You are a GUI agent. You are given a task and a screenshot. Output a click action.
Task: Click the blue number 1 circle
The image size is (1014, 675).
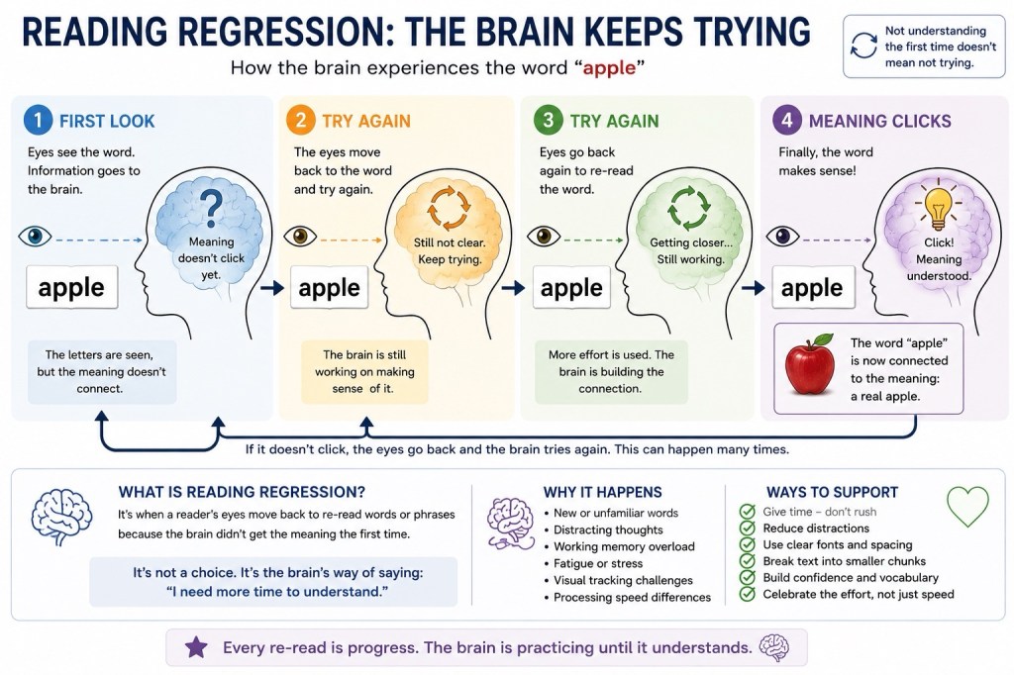click(38, 121)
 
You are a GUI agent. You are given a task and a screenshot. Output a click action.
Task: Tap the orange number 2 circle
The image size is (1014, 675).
click(300, 121)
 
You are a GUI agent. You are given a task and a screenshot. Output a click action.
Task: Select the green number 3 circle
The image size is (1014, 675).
click(548, 121)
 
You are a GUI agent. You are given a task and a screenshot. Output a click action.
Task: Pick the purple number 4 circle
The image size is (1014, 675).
click(787, 121)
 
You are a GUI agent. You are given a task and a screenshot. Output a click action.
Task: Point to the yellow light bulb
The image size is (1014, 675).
click(938, 206)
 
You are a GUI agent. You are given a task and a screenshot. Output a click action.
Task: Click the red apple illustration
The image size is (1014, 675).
click(810, 364)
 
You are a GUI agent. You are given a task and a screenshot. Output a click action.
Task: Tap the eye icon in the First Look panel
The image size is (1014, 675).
click(35, 237)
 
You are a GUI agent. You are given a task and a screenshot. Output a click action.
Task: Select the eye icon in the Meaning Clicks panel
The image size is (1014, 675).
click(782, 237)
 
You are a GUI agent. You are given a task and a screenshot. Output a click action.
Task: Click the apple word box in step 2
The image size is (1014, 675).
click(329, 287)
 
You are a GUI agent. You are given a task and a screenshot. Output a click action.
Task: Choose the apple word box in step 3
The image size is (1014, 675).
click(571, 287)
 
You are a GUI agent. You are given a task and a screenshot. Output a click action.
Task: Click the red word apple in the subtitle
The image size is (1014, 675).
click(609, 68)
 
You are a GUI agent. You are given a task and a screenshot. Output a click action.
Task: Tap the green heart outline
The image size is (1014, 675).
click(967, 507)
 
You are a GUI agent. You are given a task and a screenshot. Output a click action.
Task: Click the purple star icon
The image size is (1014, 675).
click(196, 647)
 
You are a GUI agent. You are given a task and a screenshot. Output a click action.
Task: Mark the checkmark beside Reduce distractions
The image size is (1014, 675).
click(747, 529)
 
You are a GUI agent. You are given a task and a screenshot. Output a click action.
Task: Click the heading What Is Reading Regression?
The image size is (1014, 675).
click(242, 492)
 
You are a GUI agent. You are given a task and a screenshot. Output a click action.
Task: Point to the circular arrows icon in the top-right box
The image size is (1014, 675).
click(863, 46)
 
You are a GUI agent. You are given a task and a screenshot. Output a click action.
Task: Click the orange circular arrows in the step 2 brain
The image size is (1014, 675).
click(450, 208)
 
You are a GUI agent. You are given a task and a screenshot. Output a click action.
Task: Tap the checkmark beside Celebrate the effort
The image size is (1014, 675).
click(747, 594)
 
